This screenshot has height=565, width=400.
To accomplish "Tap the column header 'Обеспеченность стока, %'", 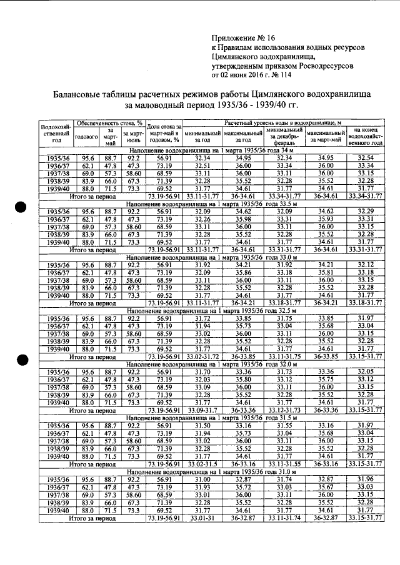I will (x=109, y=123).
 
